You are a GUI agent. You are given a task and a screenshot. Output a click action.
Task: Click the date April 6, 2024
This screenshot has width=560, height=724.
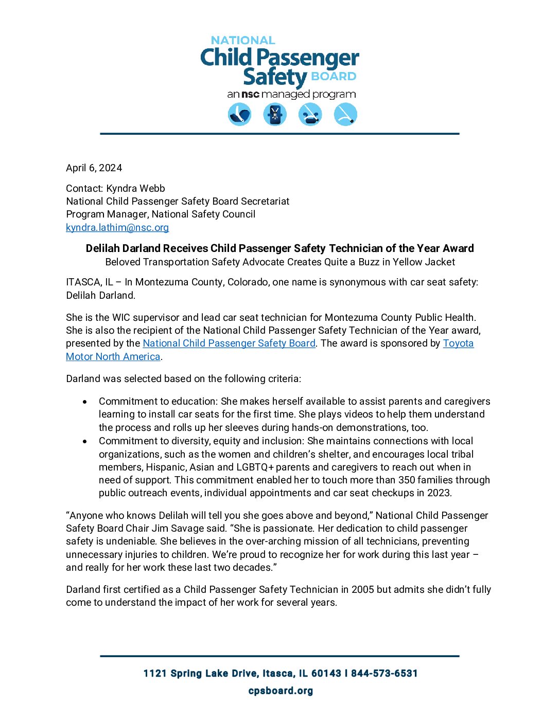click(94, 168)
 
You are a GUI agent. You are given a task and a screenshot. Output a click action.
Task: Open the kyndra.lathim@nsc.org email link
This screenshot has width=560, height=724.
click(117, 227)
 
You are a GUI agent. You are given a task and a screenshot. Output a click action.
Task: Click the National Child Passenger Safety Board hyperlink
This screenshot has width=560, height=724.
click(229, 343)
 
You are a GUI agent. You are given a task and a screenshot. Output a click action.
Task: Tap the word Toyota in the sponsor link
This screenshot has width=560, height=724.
click(458, 343)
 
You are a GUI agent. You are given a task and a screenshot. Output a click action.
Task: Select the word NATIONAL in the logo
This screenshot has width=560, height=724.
click(243, 40)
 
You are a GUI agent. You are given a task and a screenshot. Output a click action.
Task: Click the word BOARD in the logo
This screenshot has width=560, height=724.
click(334, 77)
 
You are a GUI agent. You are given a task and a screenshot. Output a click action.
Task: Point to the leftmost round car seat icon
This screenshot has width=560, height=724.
click(240, 114)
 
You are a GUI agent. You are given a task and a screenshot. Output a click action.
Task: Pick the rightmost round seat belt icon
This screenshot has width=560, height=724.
click(345, 114)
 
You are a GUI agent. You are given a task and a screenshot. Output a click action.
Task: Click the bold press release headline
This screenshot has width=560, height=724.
click(279, 248)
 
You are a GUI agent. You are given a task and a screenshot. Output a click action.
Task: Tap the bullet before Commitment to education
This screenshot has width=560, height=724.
click(85, 402)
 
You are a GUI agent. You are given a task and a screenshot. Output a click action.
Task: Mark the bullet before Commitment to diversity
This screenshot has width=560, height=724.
click(85, 441)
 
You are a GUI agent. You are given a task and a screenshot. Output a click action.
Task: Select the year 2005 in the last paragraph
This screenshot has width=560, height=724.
click(363, 589)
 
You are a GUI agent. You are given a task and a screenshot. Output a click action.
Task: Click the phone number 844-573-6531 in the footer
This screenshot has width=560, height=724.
click(384, 674)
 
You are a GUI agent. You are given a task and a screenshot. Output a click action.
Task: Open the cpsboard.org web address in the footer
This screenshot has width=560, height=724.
click(281, 691)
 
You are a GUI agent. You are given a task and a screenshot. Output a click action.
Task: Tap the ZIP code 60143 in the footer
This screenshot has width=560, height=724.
click(326, 674)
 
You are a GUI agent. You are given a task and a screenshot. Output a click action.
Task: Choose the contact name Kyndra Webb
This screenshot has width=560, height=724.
click(136, 188)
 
